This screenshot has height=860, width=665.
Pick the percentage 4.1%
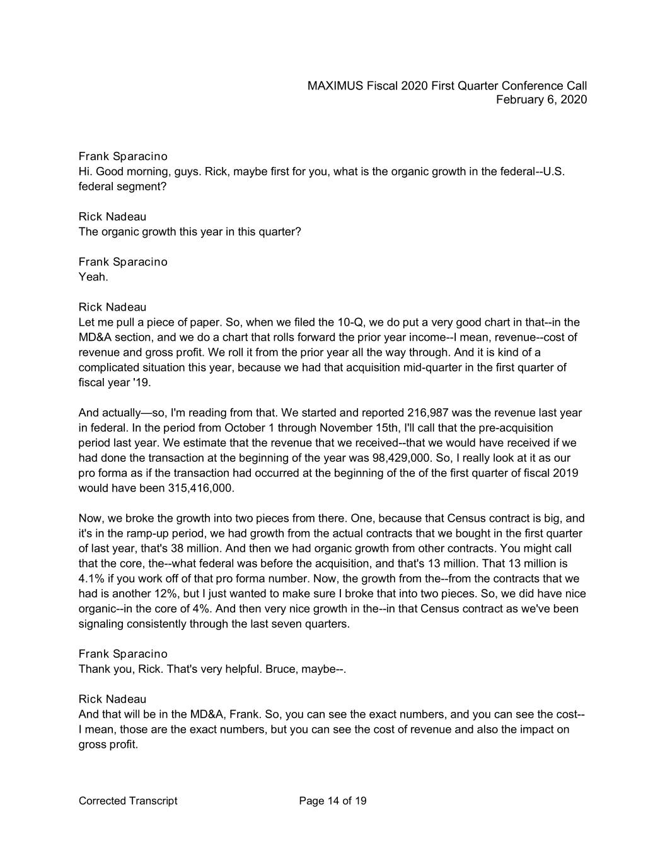(x=91, y=579)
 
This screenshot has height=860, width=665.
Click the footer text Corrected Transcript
(x=128, y=801)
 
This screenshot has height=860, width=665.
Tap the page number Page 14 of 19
(x=333, y=801)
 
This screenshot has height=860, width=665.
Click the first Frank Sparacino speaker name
(x=123, y=156)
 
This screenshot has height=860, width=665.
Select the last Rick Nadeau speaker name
(x=112, y=699)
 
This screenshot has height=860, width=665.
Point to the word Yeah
(x=93, y=277)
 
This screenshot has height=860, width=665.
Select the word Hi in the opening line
(x=84, y=171)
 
